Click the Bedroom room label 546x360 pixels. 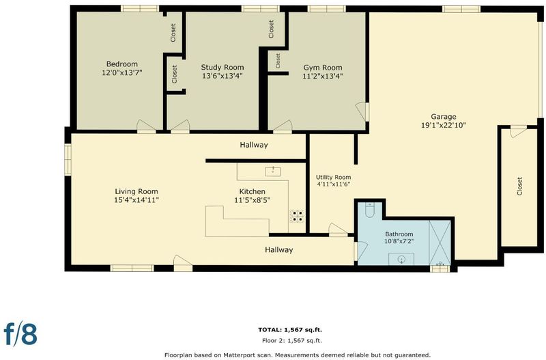click(x=122, y=64)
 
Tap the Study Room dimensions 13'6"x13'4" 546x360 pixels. click(x=222, y=76)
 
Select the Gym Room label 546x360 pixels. click(x=322, y=68)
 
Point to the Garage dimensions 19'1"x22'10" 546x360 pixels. click(x=443, y=125)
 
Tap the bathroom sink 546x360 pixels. click(x=401, y=259)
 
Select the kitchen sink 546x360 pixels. click(x=273, y=171)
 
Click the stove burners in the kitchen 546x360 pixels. click(x=297, y=216)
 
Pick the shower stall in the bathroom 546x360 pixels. click(x=440, y=243)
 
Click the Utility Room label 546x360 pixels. click(x=333, y=177)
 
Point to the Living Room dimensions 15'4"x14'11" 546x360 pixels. click(x=136, y=200)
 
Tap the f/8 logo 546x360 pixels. click(x=20, y=333)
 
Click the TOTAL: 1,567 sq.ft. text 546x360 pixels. click(x=290, y=330)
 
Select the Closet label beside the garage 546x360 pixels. click(x=519, y=186)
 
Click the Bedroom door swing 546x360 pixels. click(x=146, y=126)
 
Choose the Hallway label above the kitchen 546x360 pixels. click(x=254, y=145)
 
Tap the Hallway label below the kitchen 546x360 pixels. click(x=279, y=249)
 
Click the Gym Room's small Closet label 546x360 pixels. click(x=278, y=61)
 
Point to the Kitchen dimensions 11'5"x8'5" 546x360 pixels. click(x=253, y=200)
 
